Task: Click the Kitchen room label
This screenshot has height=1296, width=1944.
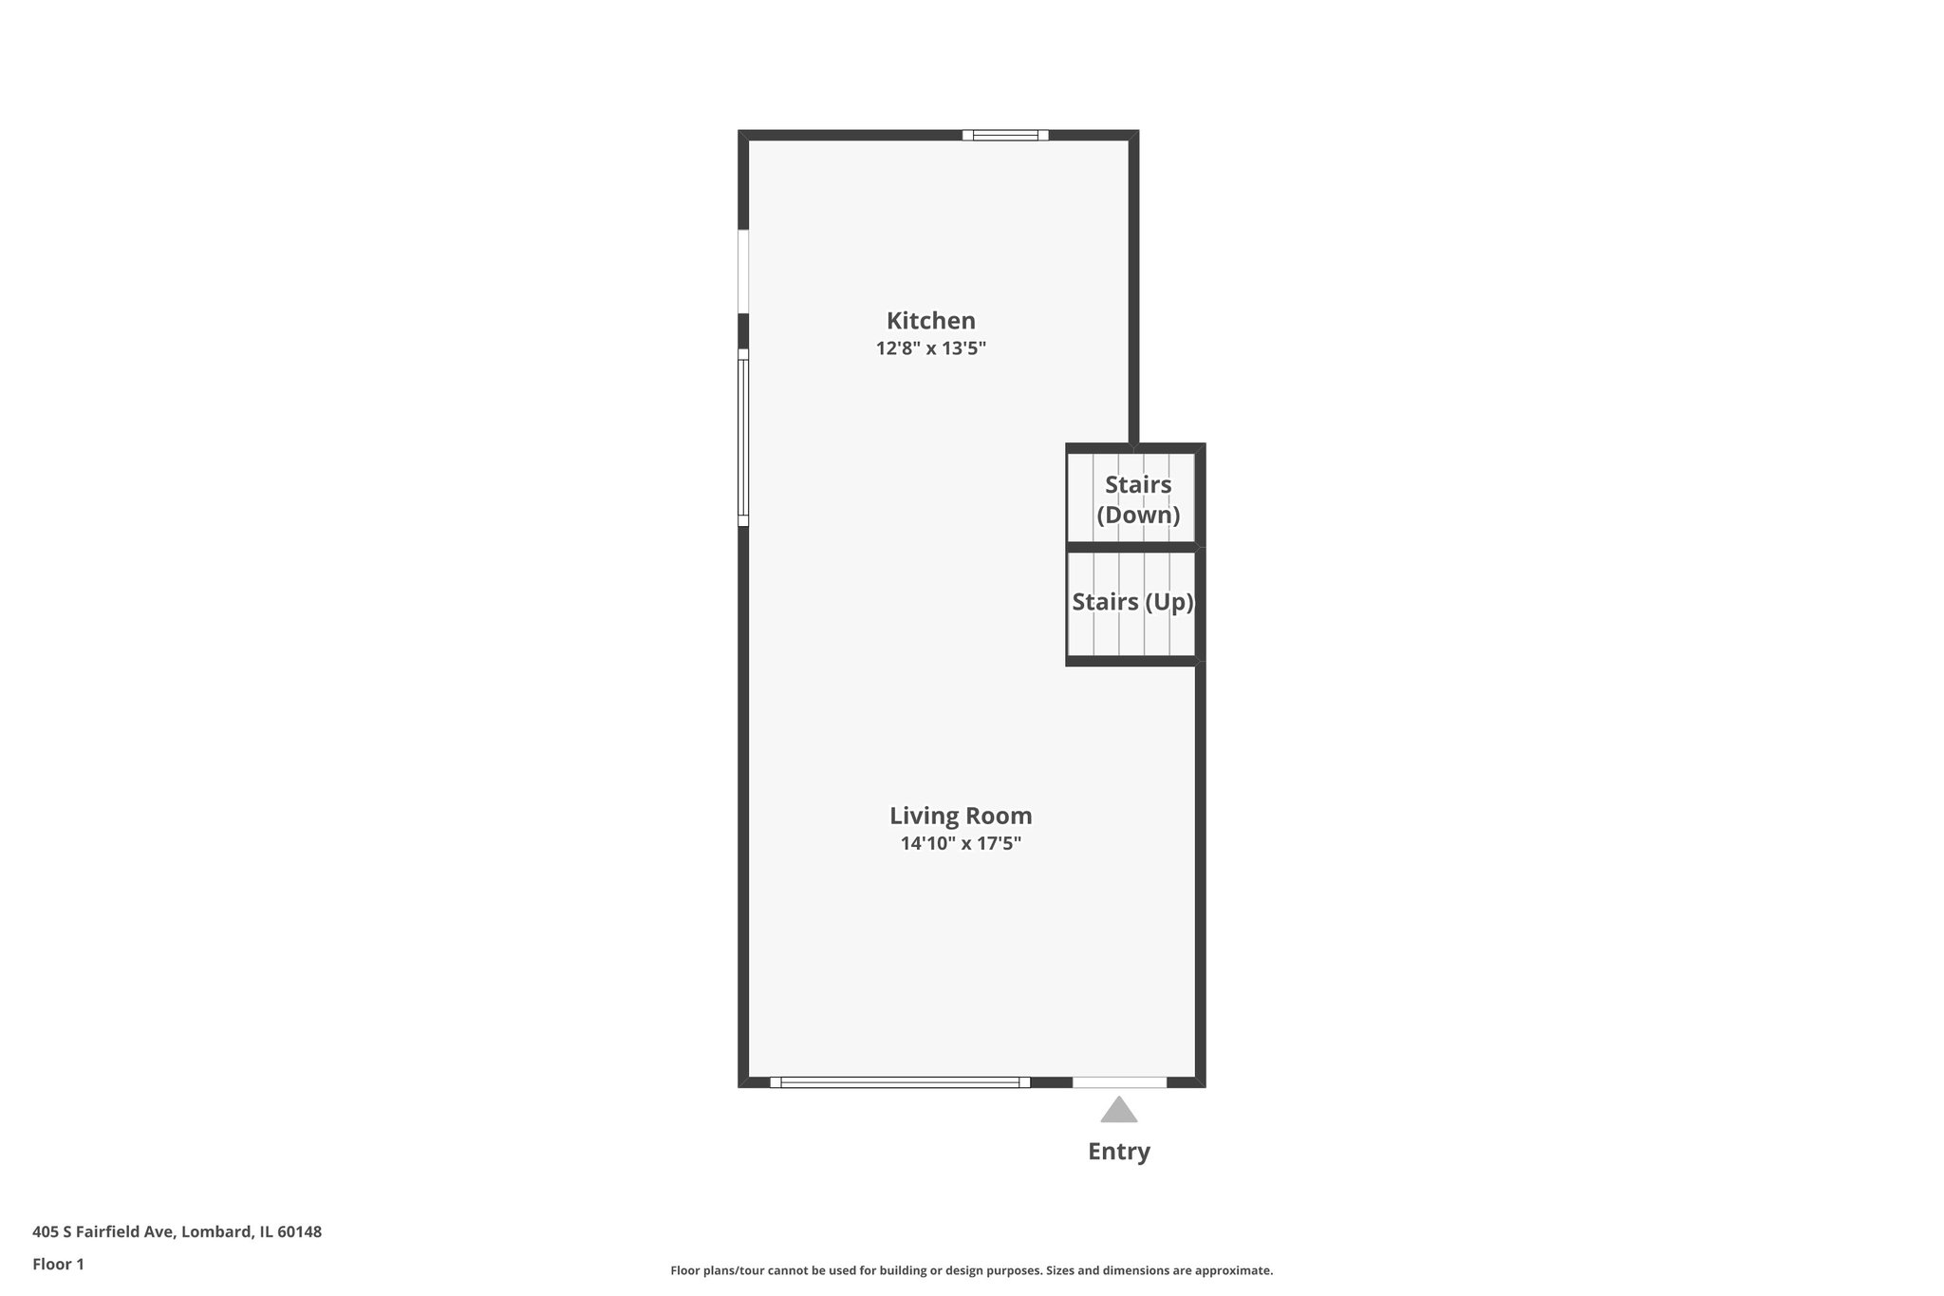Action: pos(930,321)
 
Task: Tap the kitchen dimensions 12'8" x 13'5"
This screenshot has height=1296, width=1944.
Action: pos(930,348)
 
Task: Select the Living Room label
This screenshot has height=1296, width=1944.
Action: pos(960,816)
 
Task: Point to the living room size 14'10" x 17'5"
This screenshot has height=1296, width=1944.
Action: pos(960,843)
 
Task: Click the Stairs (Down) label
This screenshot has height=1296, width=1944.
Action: pos(1137,499)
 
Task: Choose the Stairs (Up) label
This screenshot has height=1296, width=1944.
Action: pos(1131,602)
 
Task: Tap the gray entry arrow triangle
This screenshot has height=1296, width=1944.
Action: pos(1118,1110)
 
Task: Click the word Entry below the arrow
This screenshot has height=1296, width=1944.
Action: pos(1118,1152)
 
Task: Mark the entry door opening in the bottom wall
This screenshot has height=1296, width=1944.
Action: pos(1119,1082)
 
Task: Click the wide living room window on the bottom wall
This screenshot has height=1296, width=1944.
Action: pos(899,1082)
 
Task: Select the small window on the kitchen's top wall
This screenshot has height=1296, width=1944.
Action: pos(1005,135)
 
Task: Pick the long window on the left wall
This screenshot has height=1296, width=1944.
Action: pos(743,438)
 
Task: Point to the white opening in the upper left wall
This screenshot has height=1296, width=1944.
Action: pos(743,272)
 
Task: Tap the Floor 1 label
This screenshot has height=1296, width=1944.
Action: pos(58,1265)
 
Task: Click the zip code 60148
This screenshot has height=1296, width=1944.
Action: pos(300,1232)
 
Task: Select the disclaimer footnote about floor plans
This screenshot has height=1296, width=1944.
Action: pos(971,1270)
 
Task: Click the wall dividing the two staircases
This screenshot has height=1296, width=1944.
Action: pos(1131,547)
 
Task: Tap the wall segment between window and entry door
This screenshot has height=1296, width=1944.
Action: pos(1051,1082)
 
